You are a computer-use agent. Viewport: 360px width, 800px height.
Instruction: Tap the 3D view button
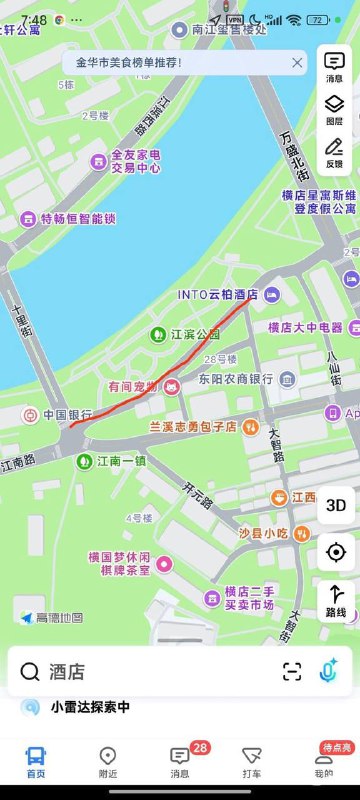(x=336, y=505)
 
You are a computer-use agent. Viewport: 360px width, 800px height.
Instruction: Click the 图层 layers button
(x=334, y=108)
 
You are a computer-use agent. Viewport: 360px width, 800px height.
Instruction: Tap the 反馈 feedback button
(x=334, y=152)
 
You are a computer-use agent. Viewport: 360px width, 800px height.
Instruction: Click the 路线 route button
(x=336, y=600)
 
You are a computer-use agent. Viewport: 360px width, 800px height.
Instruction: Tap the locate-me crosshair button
(x=336, y=552)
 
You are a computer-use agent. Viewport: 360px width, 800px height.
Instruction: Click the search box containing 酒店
(x=150, y=672)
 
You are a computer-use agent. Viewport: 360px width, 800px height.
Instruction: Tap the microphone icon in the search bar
(x=327, y=672)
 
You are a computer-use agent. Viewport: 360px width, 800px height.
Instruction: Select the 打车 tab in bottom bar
(x=252, y=763)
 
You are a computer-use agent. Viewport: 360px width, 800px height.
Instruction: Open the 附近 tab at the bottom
(x=108, y=763)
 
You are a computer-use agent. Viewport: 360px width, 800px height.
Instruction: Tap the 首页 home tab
(x=36, y=763)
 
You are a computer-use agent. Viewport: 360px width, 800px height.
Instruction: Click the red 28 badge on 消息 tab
(x=200, y=747)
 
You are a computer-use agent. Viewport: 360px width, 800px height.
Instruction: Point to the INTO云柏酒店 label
(x=218, y=295)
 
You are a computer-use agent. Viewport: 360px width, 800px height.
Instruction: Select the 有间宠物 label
(x=133, y=386)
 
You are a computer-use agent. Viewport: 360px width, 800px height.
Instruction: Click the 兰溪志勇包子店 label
(x=193, y=427)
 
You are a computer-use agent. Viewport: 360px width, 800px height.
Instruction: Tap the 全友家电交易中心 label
(x=135, y=161)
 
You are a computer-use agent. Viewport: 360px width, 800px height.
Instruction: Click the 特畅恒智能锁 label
(x=79, y=217)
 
